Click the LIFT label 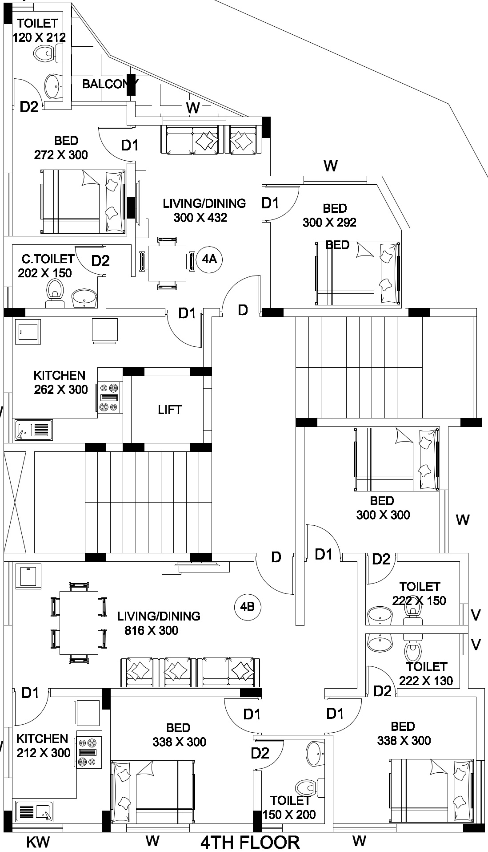[x=170, y=410]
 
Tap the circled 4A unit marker [x=209, y=259]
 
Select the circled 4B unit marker [x=247, y=606]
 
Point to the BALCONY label [x=110, y=84]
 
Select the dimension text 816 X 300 [x=152, y=630]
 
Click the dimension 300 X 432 [x=200, y=218]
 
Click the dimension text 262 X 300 [x=61, y=389]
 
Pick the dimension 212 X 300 [x=44, y=753]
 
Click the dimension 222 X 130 [x=426, y=681]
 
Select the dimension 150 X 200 [x=289, y=815]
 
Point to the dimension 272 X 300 [x=61, y=155]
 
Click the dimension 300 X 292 [x=329, y=222]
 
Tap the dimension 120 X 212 [x=39, y=37]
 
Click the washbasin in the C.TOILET [x=84, y=297]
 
